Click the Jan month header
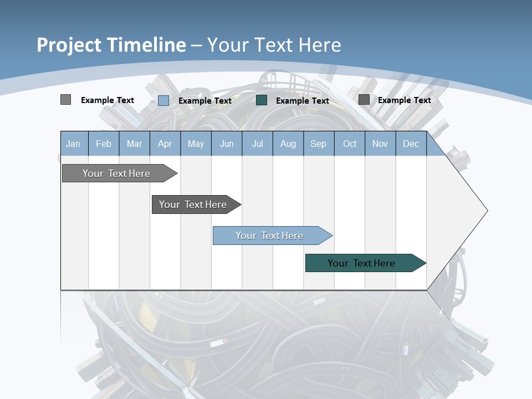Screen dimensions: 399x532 pyautogui.click(x=73, y=144)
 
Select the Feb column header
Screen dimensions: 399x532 pyautogui.click(x=104, y=144)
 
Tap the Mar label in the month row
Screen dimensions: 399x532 pyautogui.click(x=134, y=144)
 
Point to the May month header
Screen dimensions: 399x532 pyautogui.click(x=196, y=144)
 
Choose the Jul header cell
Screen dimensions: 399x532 pyautogui.click(x=257, y=144)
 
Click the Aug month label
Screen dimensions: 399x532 pyautogui.click(x=288, y=144)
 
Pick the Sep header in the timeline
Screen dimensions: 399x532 pyautogui.click(x=318, y=144)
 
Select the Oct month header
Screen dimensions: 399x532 pyautogui.click(x=350, y=144)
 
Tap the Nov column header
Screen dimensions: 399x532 pyautogui.click(x=380, y=144)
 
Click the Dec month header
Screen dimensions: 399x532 pyautogui.click(x=411, y=144)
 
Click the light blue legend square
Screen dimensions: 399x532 pyautogui.click(x=163, y=100)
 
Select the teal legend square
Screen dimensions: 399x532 pyautogui.click(x=262, y=100)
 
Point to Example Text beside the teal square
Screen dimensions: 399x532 pyautogui.click(x=302, y=101)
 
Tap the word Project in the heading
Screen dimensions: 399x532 pyautogui.click(x=69, y=45)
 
